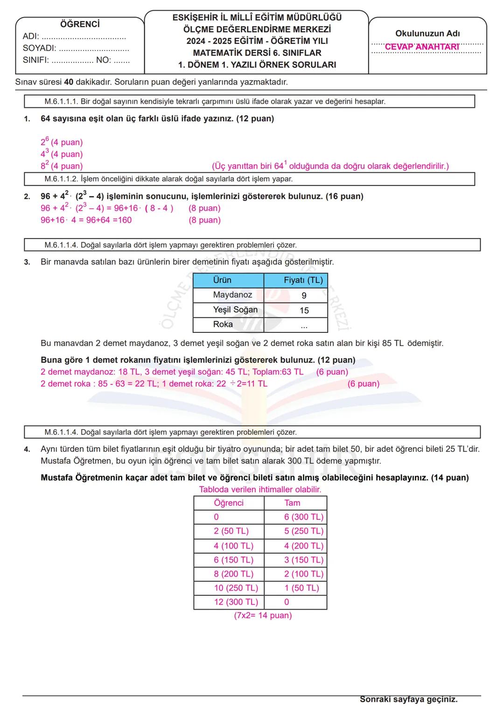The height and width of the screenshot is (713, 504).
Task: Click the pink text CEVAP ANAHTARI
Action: click(x=422, y=47)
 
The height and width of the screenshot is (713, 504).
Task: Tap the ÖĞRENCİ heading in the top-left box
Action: click(x=80, y=24)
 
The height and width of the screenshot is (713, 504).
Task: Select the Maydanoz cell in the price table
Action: click(x=232, y=295)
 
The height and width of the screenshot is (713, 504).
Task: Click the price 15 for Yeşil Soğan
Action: click(x=304, y=311)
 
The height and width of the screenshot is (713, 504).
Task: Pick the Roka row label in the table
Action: click(x=223, y=324)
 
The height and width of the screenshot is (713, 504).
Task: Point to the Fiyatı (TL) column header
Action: click(x=303, y=280)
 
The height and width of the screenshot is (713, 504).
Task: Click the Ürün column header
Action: click(x=222, y=280)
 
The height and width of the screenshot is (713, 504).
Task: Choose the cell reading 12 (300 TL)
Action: click(x=236, y=602)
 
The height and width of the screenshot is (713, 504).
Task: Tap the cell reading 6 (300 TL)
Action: click(x=304, y=517)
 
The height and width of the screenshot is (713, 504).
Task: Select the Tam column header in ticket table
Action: click(x=292, y=503)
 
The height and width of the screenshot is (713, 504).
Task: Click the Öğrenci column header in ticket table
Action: click(x=229, y=503)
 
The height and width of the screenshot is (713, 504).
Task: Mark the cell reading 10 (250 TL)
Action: click(x=236, y=588)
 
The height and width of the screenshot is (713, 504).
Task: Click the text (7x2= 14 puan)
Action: click(x=263, y=615)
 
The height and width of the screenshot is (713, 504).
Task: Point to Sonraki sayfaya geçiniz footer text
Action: click(x=408, y=699)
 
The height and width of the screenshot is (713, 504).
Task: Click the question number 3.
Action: click(x=27, y=262)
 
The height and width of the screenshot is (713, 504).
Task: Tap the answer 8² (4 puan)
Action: click(x=62, y=166)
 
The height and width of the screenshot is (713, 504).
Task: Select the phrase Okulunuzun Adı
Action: click(x=427, y=34)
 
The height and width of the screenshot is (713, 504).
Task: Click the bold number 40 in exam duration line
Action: click(x=69, y=82)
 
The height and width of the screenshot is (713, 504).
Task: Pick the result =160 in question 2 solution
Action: click(x=122, y=220)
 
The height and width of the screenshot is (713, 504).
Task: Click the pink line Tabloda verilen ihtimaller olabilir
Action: click(x=260, y=489)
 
